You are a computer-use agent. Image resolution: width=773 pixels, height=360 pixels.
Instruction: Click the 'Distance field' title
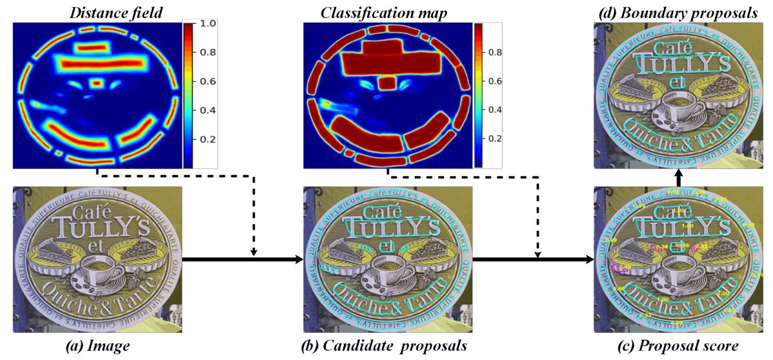coord(96,10)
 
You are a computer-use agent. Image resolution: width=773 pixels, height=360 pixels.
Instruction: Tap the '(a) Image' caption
coord(97,346)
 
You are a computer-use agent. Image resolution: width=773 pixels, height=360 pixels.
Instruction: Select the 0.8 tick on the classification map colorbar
coord(495,52)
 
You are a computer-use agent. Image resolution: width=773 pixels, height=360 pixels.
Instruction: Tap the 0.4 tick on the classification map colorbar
coord(495,110)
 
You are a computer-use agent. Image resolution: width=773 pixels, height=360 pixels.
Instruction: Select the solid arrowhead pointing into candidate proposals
coord(297,259)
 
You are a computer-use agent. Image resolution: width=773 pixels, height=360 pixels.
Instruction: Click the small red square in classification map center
coord(386,83)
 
